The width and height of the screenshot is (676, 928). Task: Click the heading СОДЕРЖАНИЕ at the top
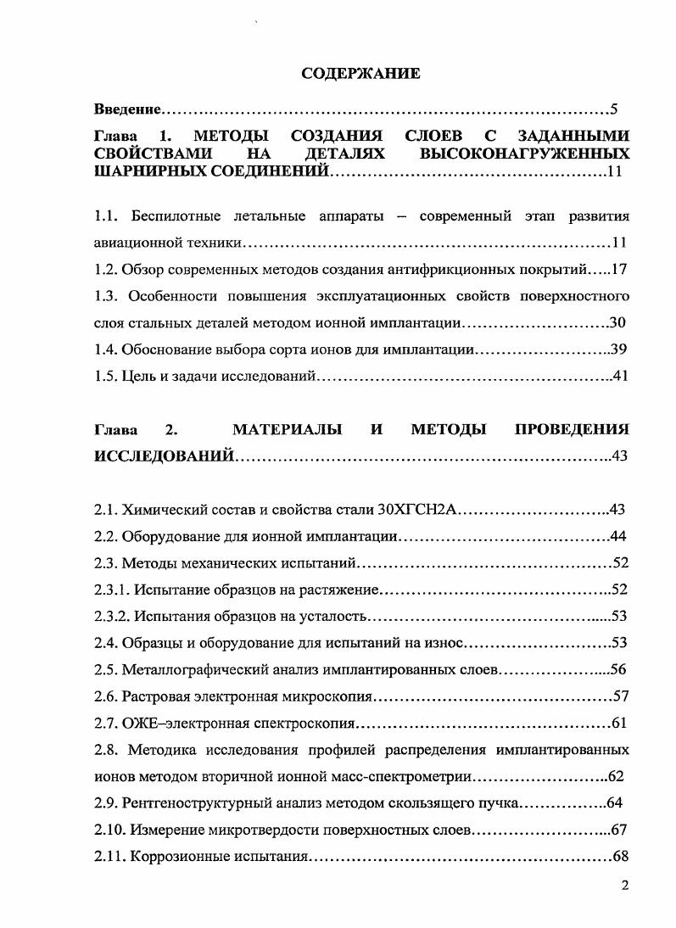[360, 74]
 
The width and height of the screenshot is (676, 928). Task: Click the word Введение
[126, 109]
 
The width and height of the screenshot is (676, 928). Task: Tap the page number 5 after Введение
[614, 109]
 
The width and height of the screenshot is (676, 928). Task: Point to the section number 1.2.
[105, 271]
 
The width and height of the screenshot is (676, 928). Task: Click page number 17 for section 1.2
[617, 271]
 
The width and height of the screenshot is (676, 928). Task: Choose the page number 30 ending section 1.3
[618, 323]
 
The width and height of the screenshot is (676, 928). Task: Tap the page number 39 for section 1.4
[618, 349]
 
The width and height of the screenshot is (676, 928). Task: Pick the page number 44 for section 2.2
[618, 536]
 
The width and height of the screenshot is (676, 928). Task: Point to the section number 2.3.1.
[111, 589]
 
